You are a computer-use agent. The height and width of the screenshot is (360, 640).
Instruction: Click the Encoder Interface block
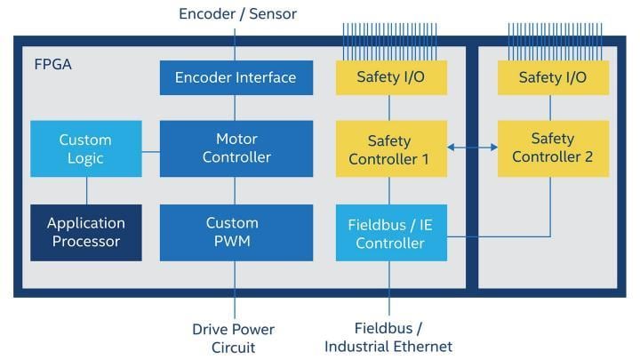click(236, 77)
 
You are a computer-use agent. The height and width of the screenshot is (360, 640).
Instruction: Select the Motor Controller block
click(236, 148)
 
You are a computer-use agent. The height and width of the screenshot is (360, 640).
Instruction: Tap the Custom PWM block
click(236, 232)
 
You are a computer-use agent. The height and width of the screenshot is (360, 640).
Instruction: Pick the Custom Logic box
click(85, 148)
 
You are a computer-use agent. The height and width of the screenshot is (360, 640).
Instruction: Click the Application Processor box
click(85, 232)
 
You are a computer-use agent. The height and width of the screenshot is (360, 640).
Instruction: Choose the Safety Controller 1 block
click(389, 149)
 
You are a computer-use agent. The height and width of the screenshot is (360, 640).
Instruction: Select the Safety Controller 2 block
click(552, 148)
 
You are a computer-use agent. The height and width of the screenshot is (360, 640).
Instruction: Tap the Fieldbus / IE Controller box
click(389, 232)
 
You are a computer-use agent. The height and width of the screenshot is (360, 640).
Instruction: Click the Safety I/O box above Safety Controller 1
click(389, 77)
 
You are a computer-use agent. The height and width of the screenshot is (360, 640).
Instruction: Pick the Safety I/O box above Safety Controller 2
click(552, 77)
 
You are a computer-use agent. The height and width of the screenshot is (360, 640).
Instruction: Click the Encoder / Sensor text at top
click(237, 13)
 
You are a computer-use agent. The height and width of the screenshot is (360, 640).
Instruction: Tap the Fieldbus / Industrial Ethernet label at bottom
click(388, 338)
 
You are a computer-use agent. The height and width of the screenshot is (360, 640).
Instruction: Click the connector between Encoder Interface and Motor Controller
click(236, 108)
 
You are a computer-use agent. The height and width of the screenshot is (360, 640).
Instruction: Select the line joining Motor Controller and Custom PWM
click(236, 190)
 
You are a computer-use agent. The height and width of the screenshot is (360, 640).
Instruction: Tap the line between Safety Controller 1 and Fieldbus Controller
click(389, 190)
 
